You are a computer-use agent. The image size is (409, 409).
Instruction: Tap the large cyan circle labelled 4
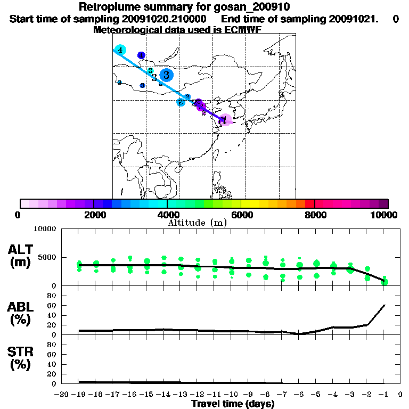tap(120, 50)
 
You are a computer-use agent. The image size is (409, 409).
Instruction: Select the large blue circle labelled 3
tap(167, 75)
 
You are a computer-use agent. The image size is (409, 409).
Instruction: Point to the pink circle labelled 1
tap(225, 121)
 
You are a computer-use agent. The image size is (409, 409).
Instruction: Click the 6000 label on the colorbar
tap(241, 215)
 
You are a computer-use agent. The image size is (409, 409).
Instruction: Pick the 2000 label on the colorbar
tap(94, 215)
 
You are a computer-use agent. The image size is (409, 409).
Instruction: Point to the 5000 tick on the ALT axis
tap(47, 257)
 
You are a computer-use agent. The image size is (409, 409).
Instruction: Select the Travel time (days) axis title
tap(233, 404)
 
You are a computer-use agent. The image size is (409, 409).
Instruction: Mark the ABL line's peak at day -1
tap(385, 305)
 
